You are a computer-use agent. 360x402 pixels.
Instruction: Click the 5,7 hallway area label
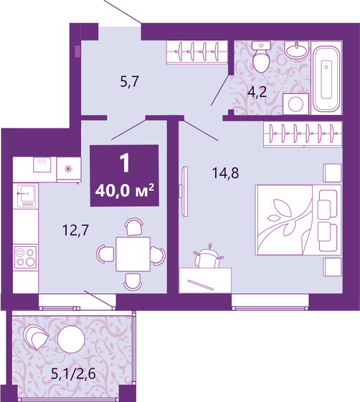click(x=128, y=82)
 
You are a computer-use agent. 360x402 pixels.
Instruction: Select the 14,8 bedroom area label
click(x=224, y=172)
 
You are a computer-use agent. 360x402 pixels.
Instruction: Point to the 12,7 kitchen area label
click(x=71, y=230)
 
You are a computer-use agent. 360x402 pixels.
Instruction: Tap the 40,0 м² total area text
click(x=125, y=191)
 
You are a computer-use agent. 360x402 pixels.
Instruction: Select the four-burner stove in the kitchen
click(x=25, y=257)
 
